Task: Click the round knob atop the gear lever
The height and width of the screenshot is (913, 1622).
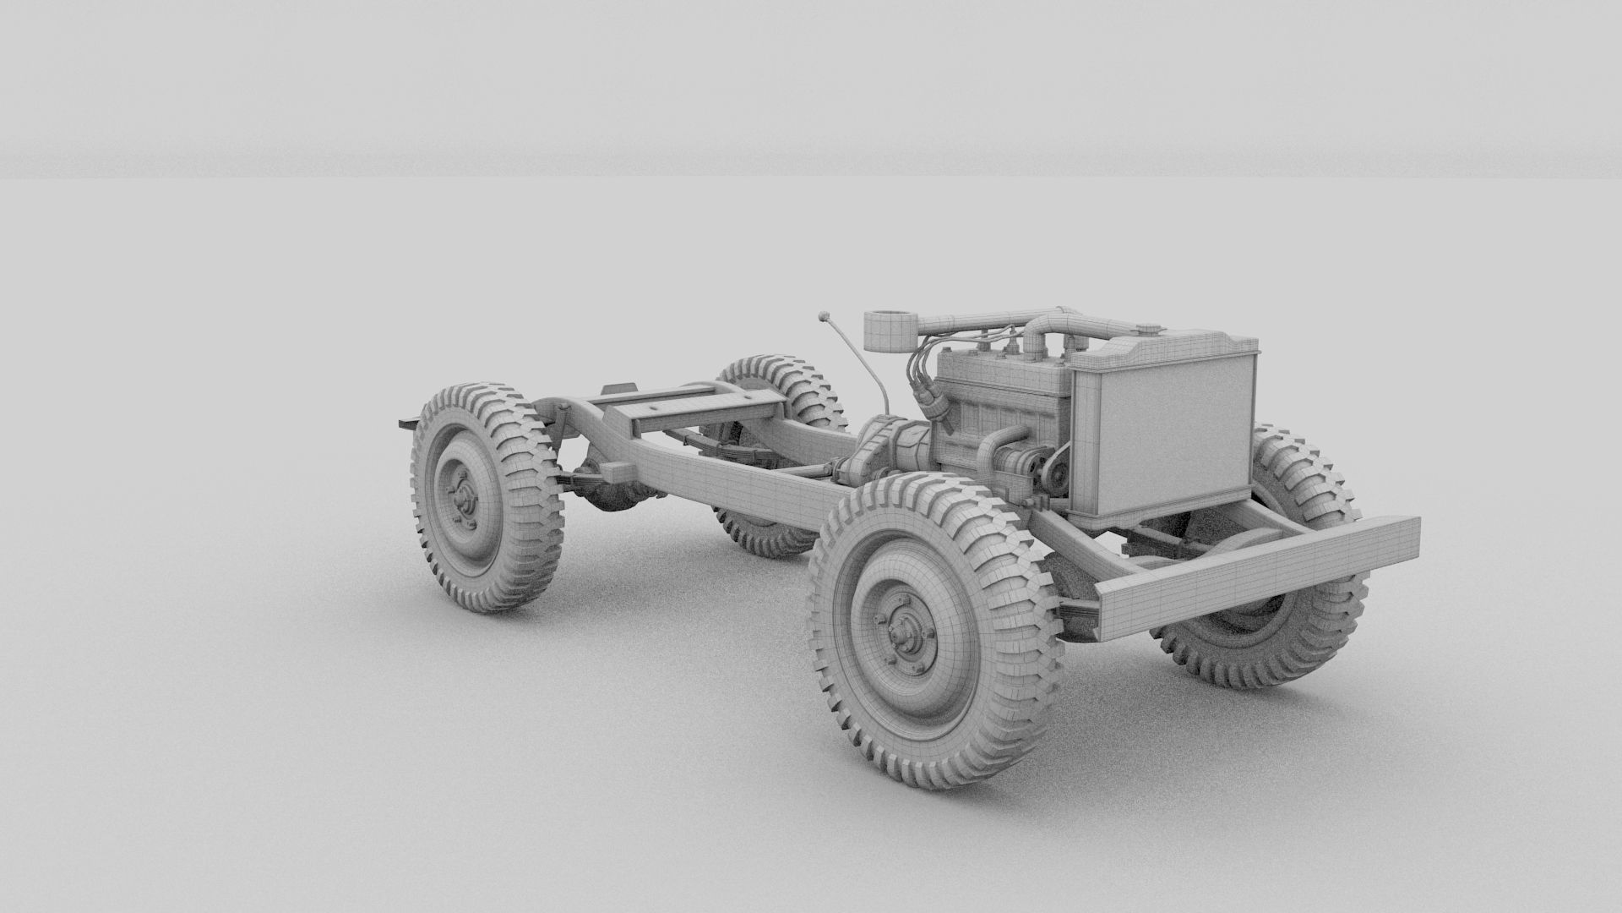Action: tap(824, 318)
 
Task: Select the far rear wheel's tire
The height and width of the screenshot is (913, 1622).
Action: tap(781, 380)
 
